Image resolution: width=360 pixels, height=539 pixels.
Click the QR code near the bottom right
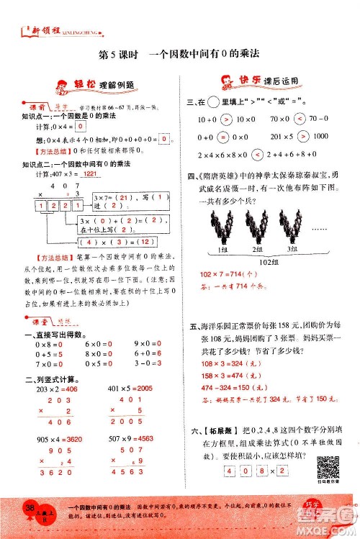coord(328,467)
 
